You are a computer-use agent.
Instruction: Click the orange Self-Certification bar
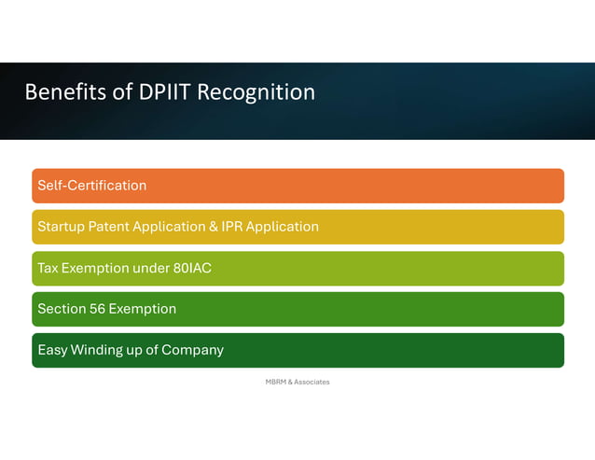(297, 186)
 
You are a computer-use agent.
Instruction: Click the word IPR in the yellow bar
(234, 227)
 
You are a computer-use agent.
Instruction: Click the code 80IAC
(192, 268)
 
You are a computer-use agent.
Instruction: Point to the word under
(150, 268)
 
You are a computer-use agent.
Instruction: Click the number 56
(96, 309)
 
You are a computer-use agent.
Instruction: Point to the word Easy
(53, 350)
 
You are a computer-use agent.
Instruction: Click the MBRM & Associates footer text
(297, 382)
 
